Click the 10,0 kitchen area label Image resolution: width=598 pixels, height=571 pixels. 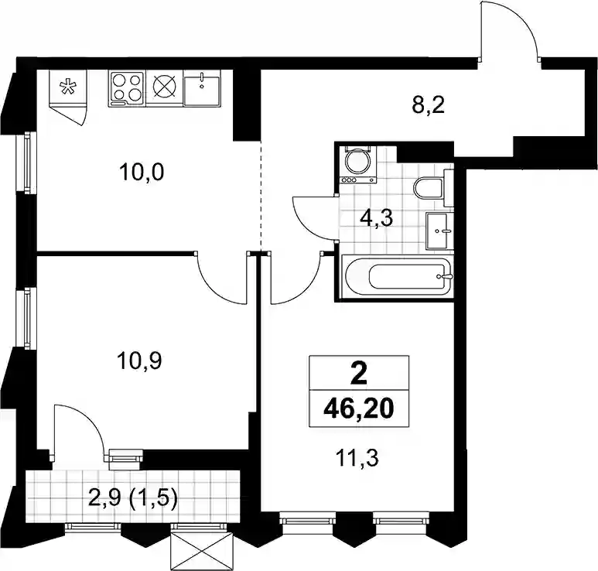[x=142, y=173]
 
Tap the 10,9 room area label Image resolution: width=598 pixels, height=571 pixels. [x=139, y=361]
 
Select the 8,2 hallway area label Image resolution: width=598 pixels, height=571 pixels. [x=429, y=105]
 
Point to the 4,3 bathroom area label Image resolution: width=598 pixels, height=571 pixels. [x=377, y=219]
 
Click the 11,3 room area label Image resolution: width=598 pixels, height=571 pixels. [x=357, y=457]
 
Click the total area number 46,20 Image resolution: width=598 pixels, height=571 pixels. [x=358, y=409]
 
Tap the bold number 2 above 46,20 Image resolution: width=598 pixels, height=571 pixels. [x=358, y=374]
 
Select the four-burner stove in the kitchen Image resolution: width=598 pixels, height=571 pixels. [x=127, y=89]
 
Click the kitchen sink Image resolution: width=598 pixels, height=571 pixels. [x=202, y=89]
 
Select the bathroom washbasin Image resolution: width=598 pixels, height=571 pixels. [x=439, y=231]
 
